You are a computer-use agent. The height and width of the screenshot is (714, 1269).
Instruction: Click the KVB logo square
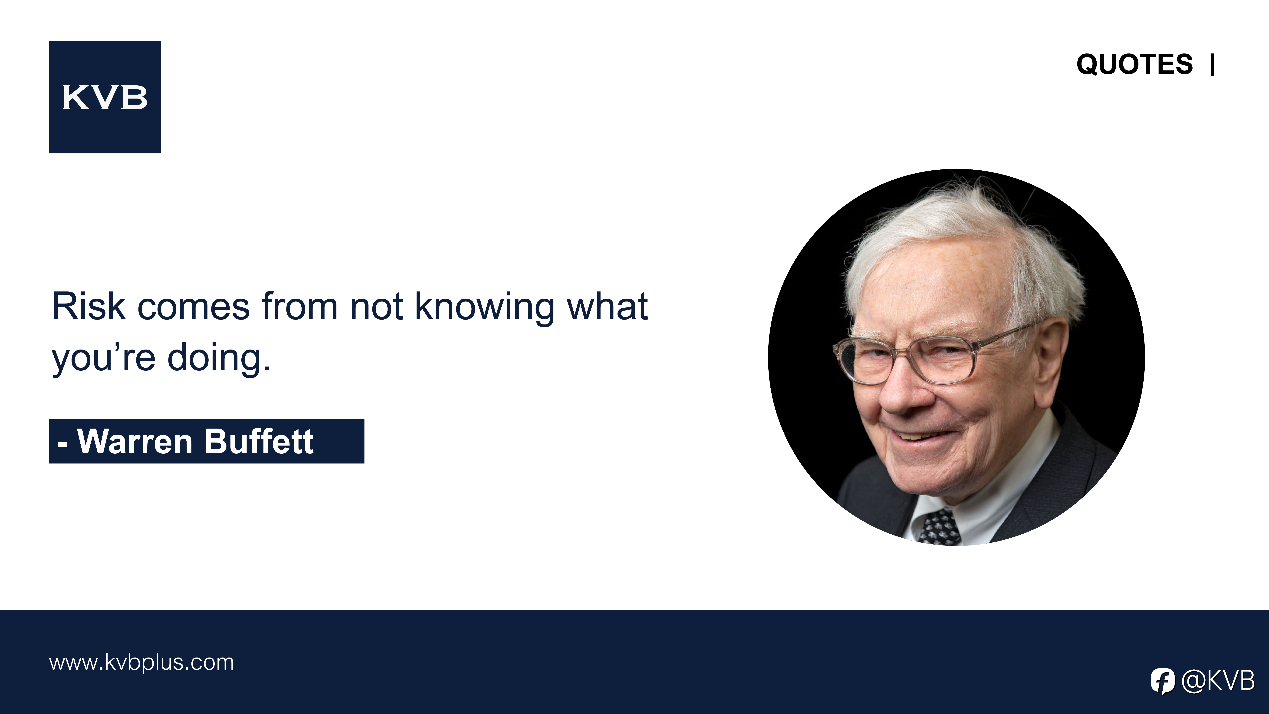[x=105, y=97]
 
